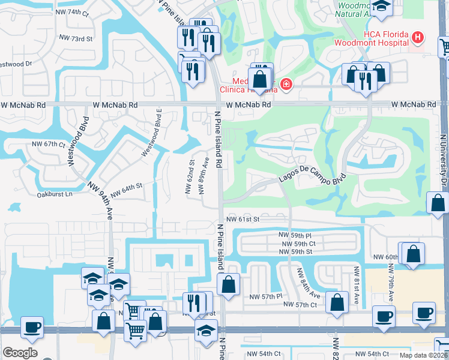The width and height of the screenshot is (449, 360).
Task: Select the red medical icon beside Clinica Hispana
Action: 286,85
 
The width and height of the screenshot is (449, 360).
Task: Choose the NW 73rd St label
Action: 76,38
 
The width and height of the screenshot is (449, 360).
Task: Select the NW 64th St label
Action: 125,187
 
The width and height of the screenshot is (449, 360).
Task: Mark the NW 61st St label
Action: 243,220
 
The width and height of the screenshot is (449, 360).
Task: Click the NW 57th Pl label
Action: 265,297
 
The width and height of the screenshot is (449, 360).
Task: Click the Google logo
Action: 20,353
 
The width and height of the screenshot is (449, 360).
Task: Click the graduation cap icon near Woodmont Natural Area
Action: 379,7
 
